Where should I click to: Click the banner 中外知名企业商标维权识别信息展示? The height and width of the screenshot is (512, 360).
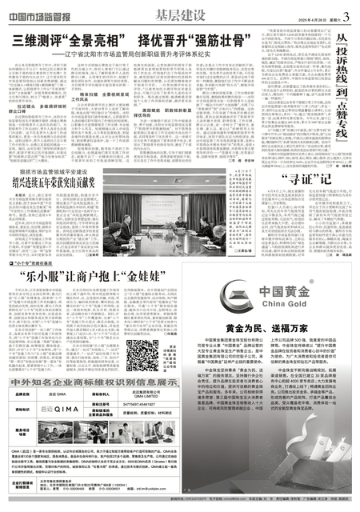[x=112, y=383]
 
